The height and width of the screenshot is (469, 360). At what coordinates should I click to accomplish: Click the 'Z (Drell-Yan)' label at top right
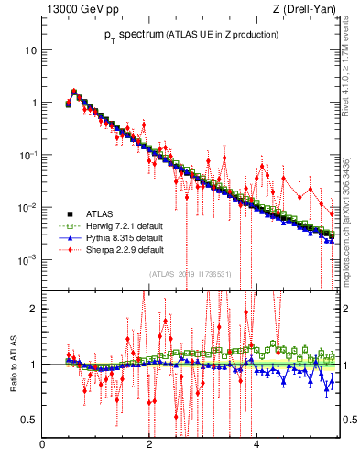point(305,10)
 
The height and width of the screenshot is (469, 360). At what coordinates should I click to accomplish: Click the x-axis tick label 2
point(148,446)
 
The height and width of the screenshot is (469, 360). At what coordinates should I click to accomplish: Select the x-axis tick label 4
point(256,446)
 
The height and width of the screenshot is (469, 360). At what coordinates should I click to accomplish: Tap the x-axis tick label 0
point(42,446)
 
